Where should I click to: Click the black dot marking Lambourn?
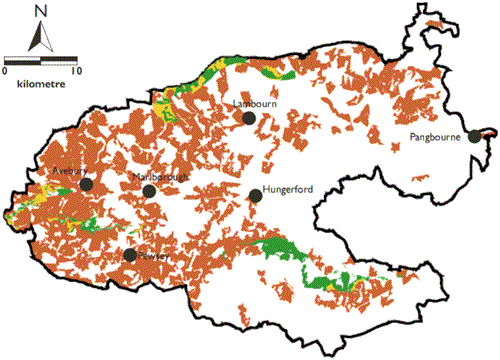(249, 118)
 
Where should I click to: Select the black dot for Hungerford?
(256, 196)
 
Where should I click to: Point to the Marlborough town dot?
(149, 191)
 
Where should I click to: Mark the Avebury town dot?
(87, 184)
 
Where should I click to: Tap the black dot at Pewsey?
(130, 255)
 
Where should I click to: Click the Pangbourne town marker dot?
(474, 137)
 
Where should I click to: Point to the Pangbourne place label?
(435, 136)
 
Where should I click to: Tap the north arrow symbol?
(40, 37)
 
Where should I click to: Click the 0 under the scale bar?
(6, 72)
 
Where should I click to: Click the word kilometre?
(41, 85)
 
